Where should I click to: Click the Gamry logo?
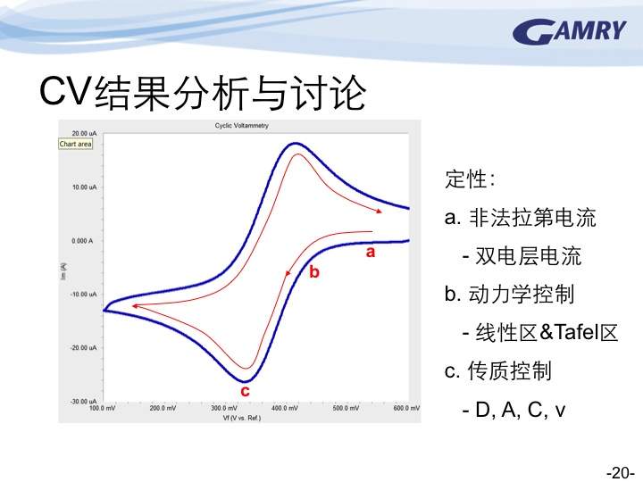tap(569, 31)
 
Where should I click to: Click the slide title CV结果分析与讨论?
tap(203, 93)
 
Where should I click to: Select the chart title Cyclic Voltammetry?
tap(241, 126)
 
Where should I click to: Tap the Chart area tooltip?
tap(75, 144)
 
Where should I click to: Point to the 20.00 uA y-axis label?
tap(84, 133)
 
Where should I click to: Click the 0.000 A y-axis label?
tap(82, 241)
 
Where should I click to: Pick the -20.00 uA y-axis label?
tap(83, 347)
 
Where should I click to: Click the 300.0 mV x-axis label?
tap(224, 408)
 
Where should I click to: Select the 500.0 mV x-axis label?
tap(346, 408)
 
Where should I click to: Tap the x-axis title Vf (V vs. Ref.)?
tap(242, 418)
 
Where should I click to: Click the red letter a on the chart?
tap(371, 252)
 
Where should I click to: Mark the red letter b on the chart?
tap(314, 271)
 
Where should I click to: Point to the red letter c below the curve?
tap(245, 392)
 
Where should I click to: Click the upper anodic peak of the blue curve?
tap(296, 144)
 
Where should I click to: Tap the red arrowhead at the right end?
tap(380, 211)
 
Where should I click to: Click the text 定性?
tap(470, 179)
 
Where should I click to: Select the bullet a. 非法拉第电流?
tap(520, 217)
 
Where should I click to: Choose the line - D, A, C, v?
tap(514, 409)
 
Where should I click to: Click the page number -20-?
tap(621, 472)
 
